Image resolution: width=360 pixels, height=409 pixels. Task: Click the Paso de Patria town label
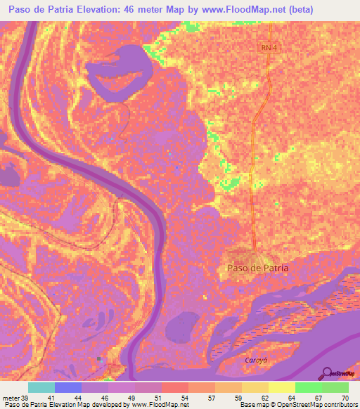point(258,268)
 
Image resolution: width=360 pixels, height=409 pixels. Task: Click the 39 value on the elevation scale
point(25,397)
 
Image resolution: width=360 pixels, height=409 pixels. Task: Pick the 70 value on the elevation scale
point(344,397)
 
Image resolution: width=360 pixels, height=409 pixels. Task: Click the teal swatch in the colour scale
point(41,387)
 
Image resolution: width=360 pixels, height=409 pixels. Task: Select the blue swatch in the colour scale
point(68,387)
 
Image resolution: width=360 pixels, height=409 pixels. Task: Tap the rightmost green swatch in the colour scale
point(335,387)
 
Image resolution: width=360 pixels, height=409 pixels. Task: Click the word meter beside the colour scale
point(11,397)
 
